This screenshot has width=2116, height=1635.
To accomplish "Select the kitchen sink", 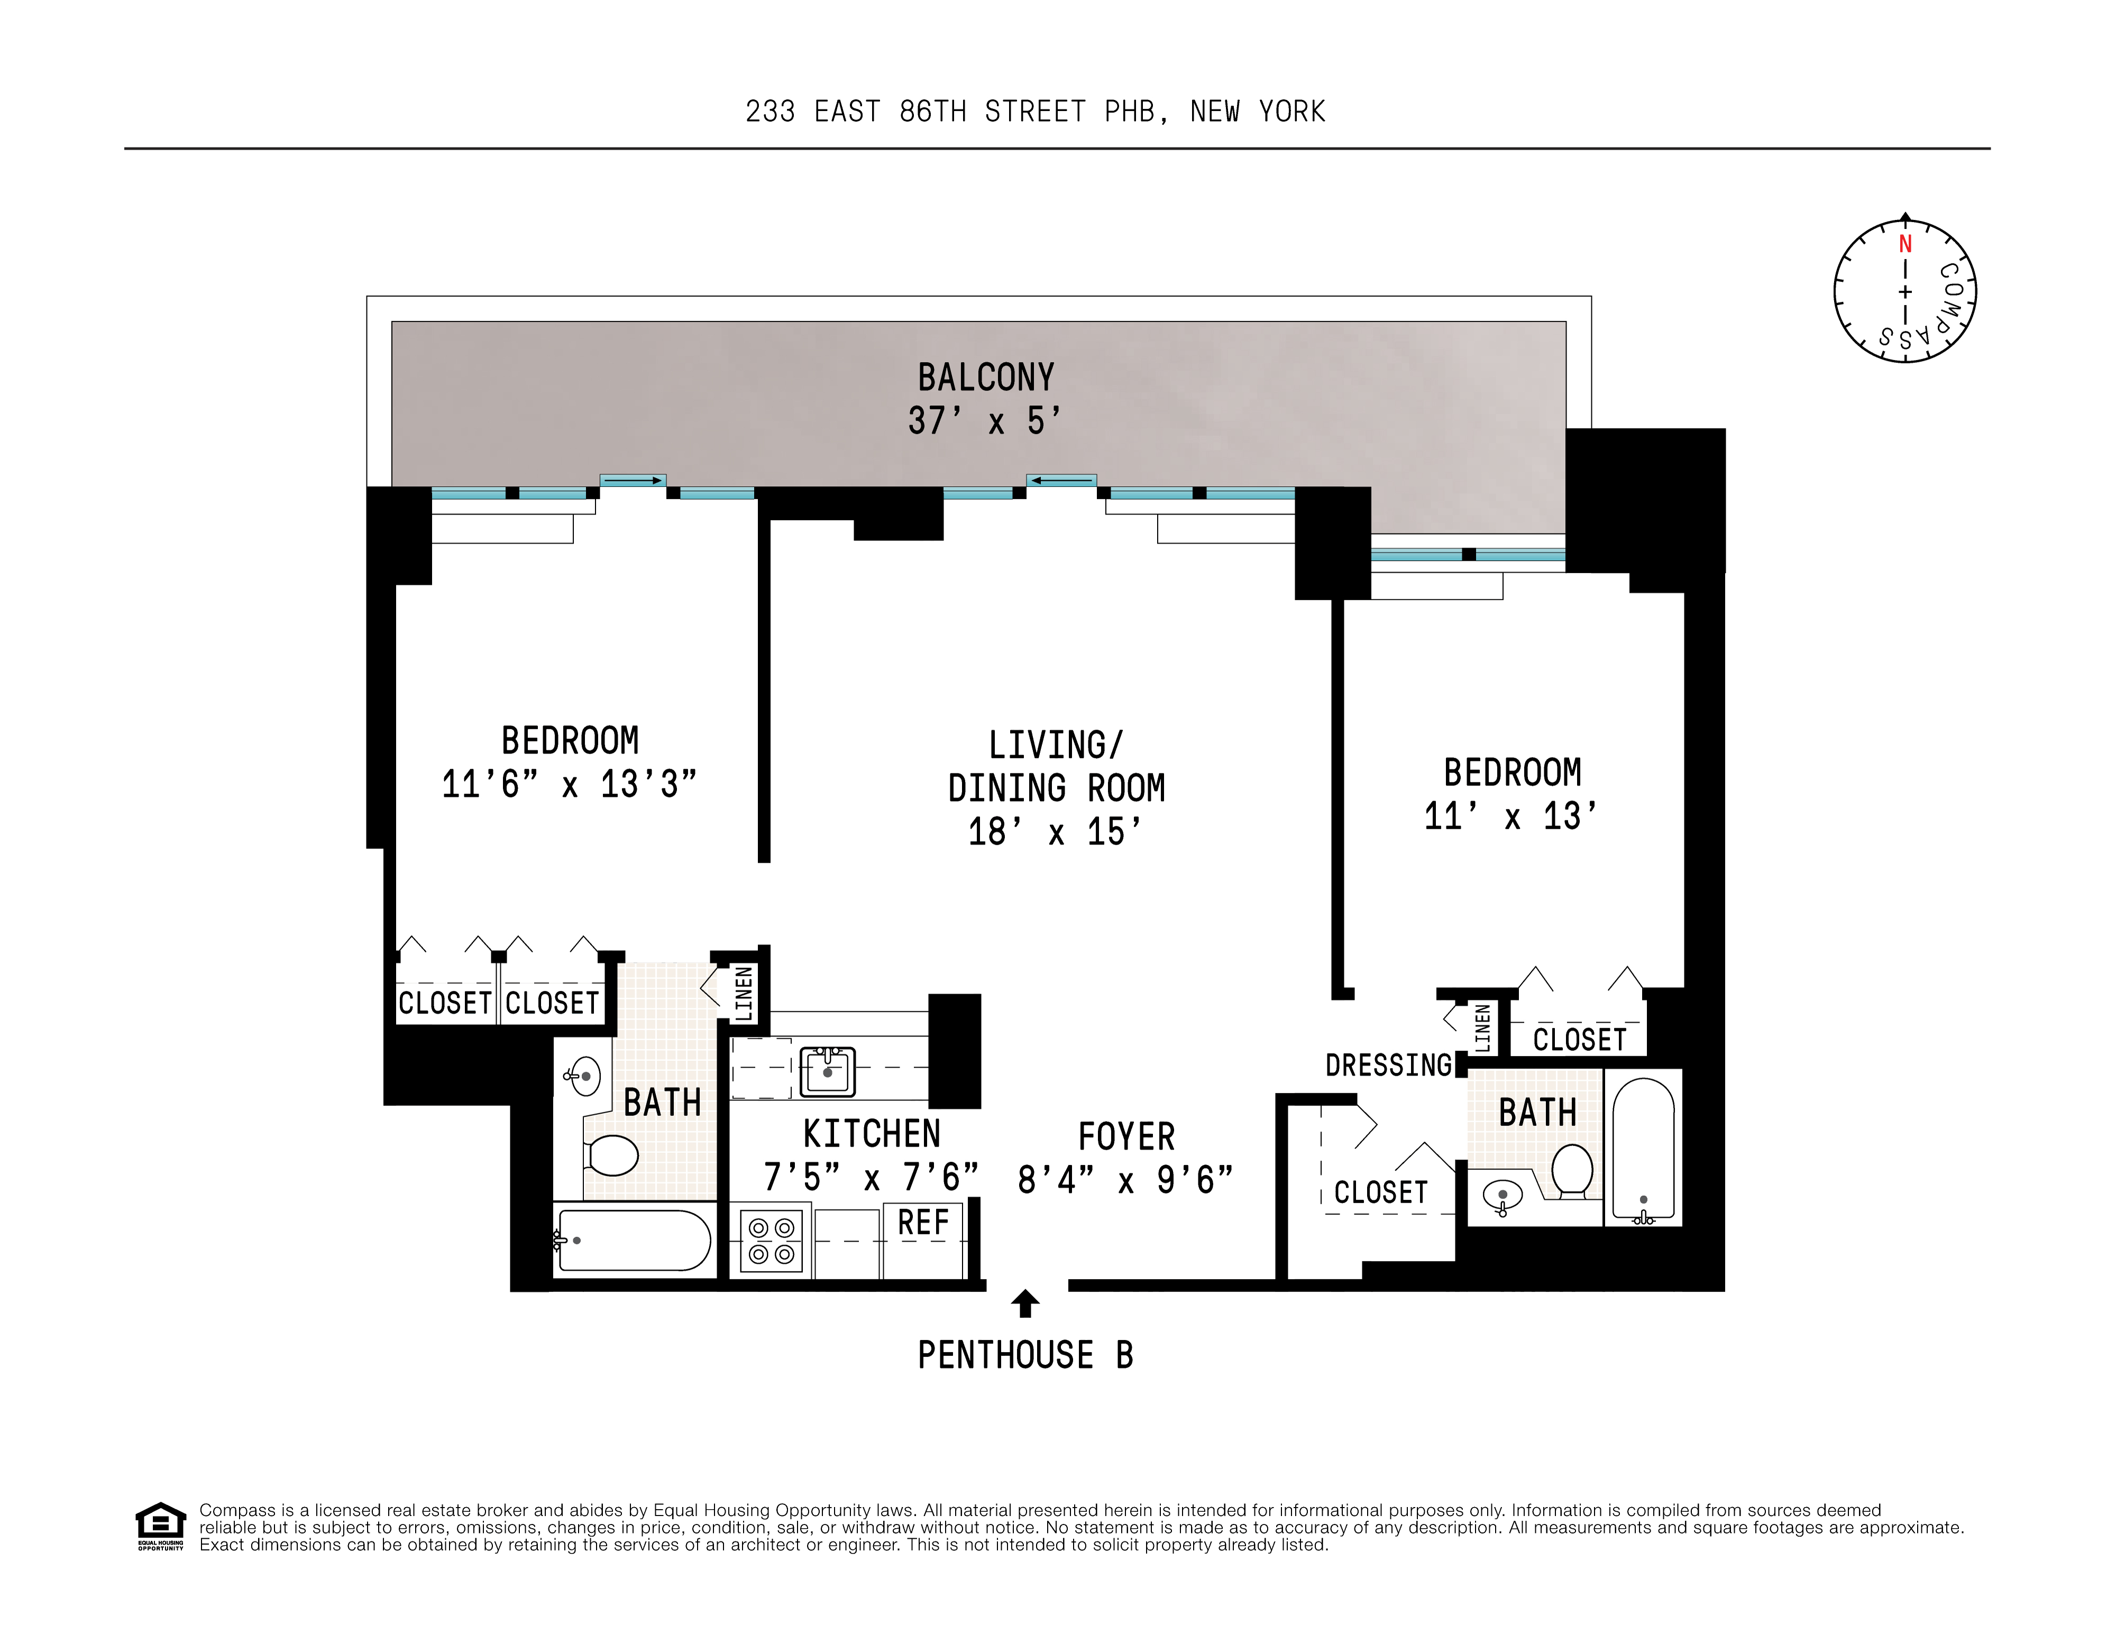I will coord(827,1071).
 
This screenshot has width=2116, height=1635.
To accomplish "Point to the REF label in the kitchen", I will coord(922,1223).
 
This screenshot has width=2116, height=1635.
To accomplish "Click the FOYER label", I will coord(1126,1136).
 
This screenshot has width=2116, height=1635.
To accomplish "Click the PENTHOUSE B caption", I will coord(1025,1355).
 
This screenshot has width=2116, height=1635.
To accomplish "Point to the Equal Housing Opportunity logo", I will coord(160,1526).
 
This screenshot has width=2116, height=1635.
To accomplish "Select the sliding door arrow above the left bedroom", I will coord(633,481).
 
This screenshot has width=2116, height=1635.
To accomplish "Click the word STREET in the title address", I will coord(1035,113).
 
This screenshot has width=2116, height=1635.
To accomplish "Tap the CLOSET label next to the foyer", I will coord(1381,1193).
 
